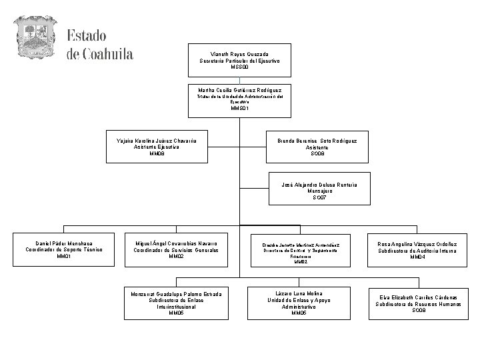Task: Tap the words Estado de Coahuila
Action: pyautogui.click(x=100, y=44)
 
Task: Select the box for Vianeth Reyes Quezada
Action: pyautogui.click(x=239, y=61)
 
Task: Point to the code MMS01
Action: pyautogui.click(x=239, y=108)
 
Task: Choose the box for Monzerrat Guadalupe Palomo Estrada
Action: pyautogui.click(x=176, y=303)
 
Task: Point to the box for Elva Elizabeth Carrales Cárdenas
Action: pyautogui.click(x=419, y=303)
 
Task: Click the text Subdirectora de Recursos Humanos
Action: pyautogui.click(x=419, y=303)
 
